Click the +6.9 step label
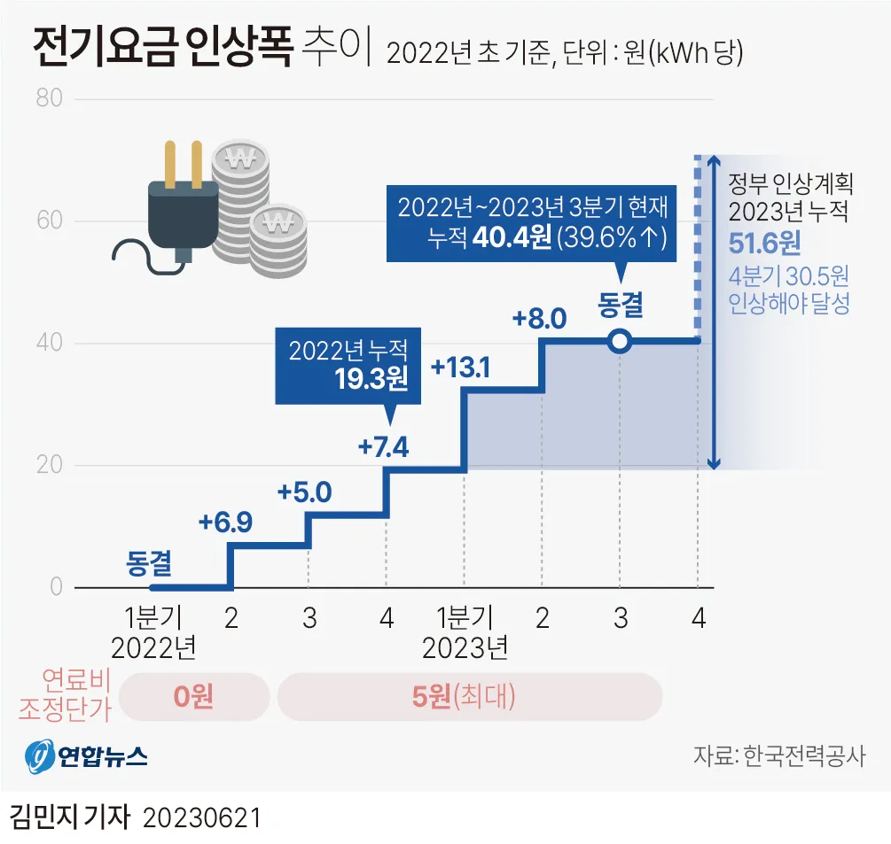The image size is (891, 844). (225, 523)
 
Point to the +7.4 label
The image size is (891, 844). (383, 447)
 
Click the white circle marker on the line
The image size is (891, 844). (620, 340)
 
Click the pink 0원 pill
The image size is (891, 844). (193, 696)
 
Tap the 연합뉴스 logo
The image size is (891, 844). (86, 757)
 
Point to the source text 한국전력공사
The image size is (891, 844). (803, 756)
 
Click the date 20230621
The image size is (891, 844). (201, 817)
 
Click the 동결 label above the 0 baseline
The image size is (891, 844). (148, 562)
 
